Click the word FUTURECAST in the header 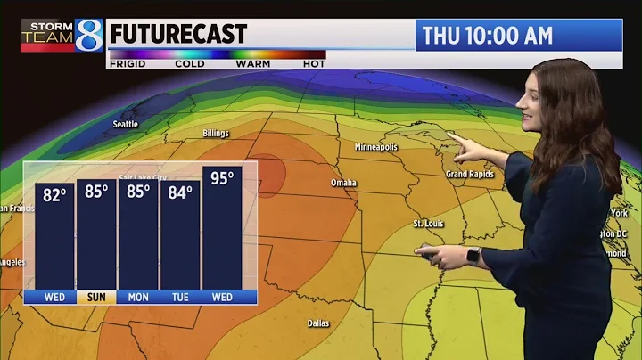click(178, 36)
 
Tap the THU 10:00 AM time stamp click(487, 36)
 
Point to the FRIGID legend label click(128, 64)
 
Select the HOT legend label click(313, 64)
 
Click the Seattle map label click(126, 124)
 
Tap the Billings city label click(216, 134)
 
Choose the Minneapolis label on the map click(375, 147)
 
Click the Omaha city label click(343, 183)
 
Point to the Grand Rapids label click(470, 174)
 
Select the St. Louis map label click(429, 223)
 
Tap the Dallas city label click(318, 323)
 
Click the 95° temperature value click(222, 178)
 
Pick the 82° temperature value click(54, 194)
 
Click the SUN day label click(95, 298)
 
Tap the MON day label click(137, 298)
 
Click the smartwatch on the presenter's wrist click(473, 255)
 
